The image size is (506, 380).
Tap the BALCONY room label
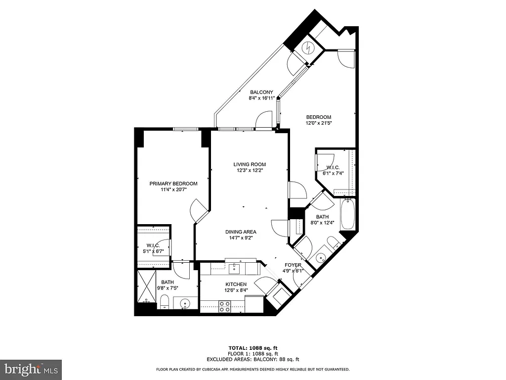(261, 93)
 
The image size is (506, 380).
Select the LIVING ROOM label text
(250, 164)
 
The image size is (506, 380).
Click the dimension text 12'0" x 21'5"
(318, 123)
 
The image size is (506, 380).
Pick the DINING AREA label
(241, 232)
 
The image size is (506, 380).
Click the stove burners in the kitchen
(225, 306)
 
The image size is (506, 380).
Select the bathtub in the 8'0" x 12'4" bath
(347, 214)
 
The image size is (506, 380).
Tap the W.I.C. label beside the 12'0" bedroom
(333, 167)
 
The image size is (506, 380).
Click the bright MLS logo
(31, 369)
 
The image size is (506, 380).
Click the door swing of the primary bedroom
(200, 210)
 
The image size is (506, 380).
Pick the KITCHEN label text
(236, 284)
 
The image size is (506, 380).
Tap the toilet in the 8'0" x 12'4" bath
(334, 242)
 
